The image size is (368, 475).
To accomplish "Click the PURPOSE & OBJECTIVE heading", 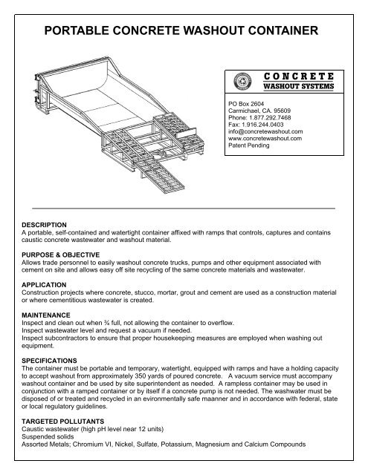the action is pos(57,254).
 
